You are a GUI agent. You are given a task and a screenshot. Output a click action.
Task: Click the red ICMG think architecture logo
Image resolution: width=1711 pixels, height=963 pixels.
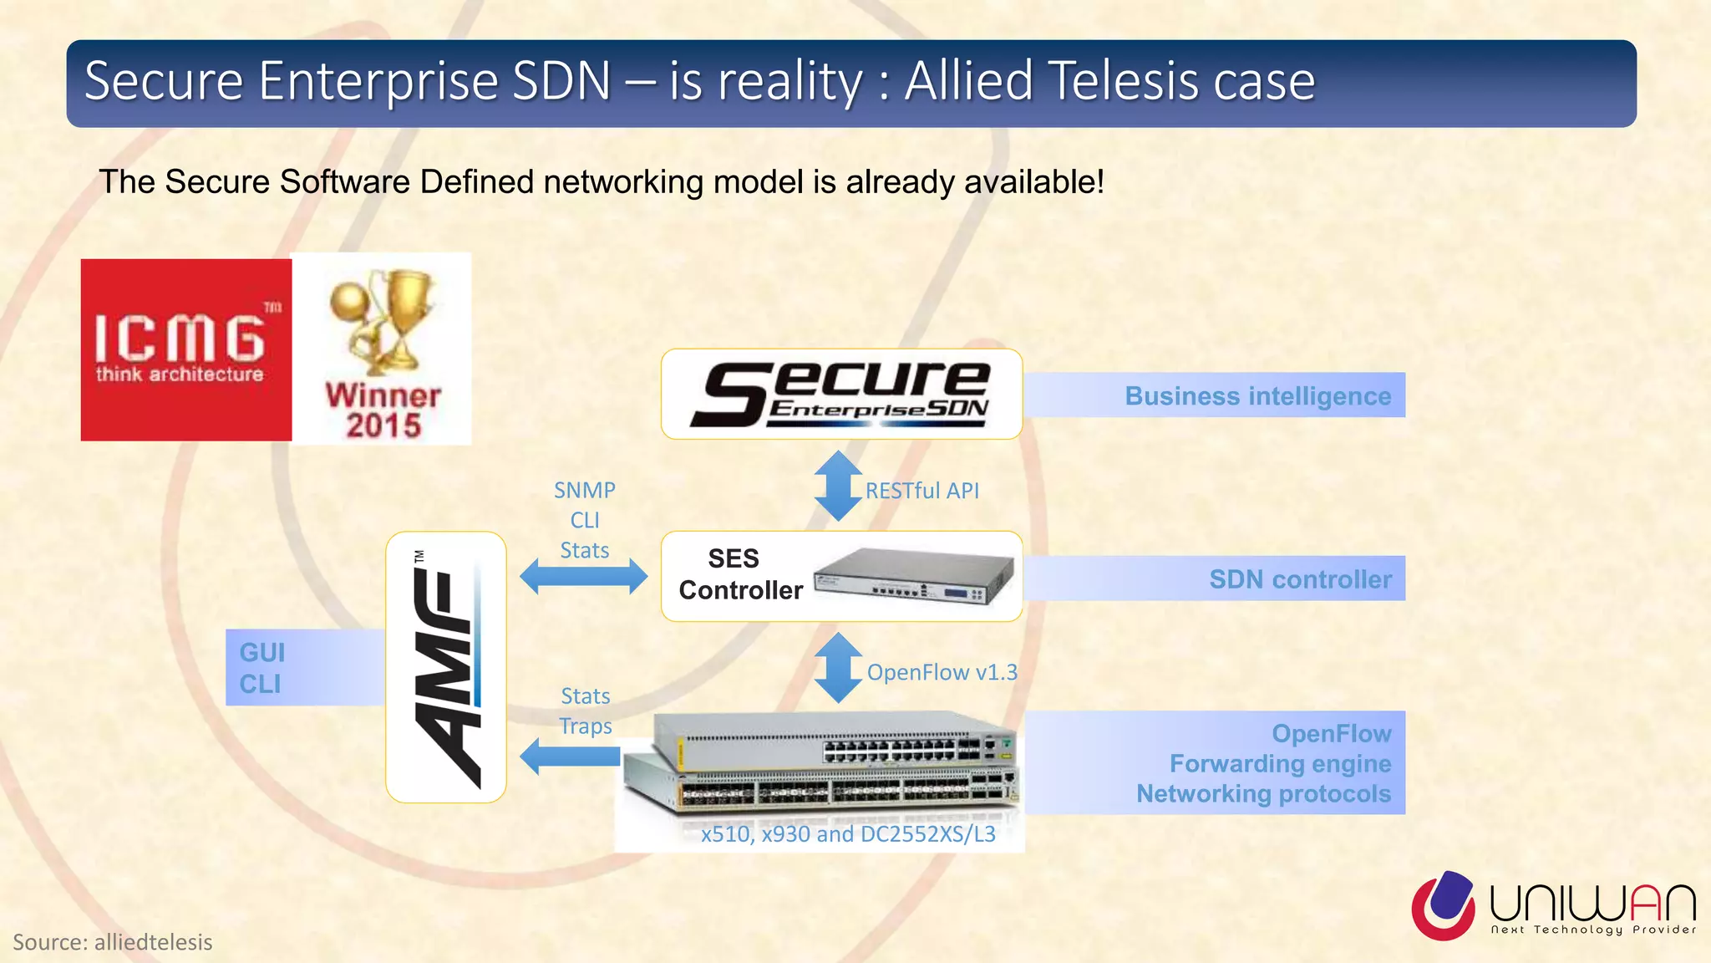point(185,349)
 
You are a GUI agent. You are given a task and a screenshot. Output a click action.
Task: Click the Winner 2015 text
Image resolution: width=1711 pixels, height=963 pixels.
point(383,410)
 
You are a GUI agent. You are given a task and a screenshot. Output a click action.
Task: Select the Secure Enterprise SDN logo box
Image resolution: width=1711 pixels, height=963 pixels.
point(841,394)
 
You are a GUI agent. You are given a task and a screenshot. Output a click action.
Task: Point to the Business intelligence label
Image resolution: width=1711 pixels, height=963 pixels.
point(1257,395)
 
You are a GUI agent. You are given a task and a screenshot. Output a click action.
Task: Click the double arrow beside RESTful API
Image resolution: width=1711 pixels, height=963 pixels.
point(838,486)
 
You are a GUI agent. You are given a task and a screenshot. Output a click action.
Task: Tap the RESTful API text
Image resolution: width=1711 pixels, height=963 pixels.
point(922,491)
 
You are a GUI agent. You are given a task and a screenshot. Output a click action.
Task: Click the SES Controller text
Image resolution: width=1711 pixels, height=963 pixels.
point(739,574)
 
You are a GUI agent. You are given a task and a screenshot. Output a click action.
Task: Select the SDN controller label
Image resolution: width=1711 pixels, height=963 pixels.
point(1300,578)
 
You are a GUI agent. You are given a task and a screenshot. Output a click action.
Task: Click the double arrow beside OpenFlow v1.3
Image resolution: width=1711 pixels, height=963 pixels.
point(838,667)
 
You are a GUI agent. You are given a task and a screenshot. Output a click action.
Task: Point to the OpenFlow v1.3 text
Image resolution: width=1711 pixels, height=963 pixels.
point(942,672)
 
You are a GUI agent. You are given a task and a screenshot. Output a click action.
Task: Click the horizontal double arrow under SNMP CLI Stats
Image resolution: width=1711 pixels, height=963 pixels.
point(583,577)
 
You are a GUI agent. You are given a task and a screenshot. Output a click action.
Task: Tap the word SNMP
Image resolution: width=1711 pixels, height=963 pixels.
point(584,490)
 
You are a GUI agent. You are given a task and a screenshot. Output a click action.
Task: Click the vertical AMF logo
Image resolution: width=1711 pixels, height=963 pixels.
point(446,667)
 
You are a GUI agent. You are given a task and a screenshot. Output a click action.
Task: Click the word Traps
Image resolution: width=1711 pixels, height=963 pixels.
point(585,726)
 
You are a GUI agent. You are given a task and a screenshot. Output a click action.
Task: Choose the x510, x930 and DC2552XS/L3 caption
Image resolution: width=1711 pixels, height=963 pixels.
point(848,834)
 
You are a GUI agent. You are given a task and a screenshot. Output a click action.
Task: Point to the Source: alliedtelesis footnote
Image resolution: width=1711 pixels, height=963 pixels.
point(113,942)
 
